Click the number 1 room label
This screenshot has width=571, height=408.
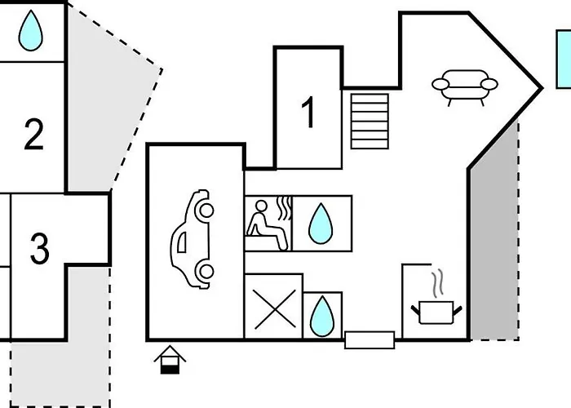point(308,113)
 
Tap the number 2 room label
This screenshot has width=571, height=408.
point(33,135)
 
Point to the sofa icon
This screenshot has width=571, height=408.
point(463,87)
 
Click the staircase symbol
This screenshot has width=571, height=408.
point(370,122)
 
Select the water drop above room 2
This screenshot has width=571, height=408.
point(31,31)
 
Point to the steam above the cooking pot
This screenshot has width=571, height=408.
point(437,283)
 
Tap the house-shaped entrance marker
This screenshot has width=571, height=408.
point(170,359)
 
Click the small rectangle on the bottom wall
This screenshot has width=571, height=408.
point(370,339)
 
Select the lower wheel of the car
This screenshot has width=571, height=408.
point(206,272)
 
